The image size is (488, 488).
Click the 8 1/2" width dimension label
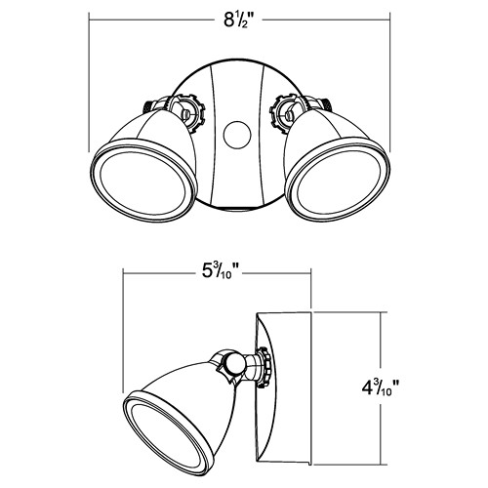tap(238, 20)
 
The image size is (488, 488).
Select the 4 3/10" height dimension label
tap(380, 388)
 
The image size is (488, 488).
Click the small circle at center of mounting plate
tap(237, 136)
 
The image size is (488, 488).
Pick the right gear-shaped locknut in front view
tap(286, 113)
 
